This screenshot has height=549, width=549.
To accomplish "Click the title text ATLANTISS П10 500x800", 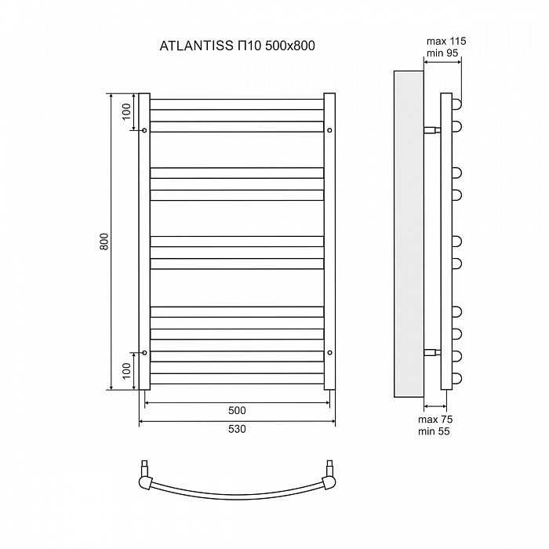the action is (237, 45).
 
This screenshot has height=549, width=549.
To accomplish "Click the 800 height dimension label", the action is (104, 242).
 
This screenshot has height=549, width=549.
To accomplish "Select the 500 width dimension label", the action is (237, 410).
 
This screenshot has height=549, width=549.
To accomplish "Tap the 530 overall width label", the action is (237, 429).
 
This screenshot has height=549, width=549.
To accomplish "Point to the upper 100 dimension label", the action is (126, 112).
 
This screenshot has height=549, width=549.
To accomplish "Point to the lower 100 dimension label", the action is (126, 371).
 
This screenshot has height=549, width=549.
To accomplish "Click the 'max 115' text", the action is (446, 42).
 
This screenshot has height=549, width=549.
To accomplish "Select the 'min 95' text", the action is (442, 53).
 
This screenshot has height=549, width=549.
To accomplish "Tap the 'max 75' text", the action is (435, 420).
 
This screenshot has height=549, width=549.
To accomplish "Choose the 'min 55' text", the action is (434, 431).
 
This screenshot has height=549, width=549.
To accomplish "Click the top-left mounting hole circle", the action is (144, 130).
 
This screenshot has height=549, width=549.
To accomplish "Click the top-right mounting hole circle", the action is (329, 130).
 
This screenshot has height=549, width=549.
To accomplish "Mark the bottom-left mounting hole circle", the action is (144, 353).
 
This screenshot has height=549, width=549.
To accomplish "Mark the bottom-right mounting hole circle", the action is (329, 353).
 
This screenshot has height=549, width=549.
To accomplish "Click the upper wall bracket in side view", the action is (432, 130).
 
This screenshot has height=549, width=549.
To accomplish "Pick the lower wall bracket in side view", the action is (432, 352).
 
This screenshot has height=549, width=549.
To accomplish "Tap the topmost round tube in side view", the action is (456, 104).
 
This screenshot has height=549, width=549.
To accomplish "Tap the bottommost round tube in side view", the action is (456, 379).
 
